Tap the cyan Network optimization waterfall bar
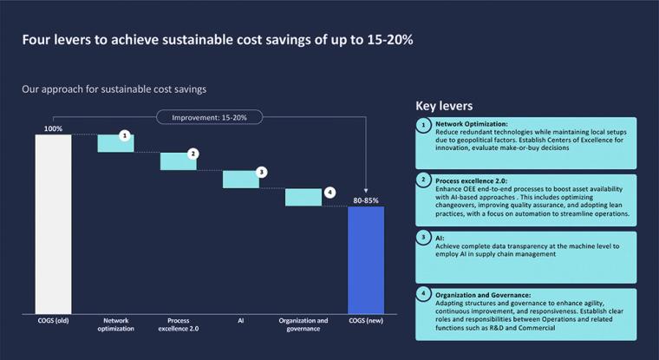[x=115, y=143]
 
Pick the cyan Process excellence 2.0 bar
[x=178, y=161]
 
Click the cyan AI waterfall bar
[x=240, y=179]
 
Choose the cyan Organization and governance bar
[x=303, y=197]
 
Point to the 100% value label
[x=53, y=128]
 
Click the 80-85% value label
[x=365, y=200]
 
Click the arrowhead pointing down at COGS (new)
[x=365, y=193]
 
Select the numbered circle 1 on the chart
[x=125, y=135]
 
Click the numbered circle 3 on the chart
[x=261, y=172]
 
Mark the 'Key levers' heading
[x=444, y=106]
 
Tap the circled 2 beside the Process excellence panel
[x=423, y=180]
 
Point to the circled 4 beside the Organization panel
[x=423, y=293]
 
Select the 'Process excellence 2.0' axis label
[x=179, y=324]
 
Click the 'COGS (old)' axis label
[x=53, y=320]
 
